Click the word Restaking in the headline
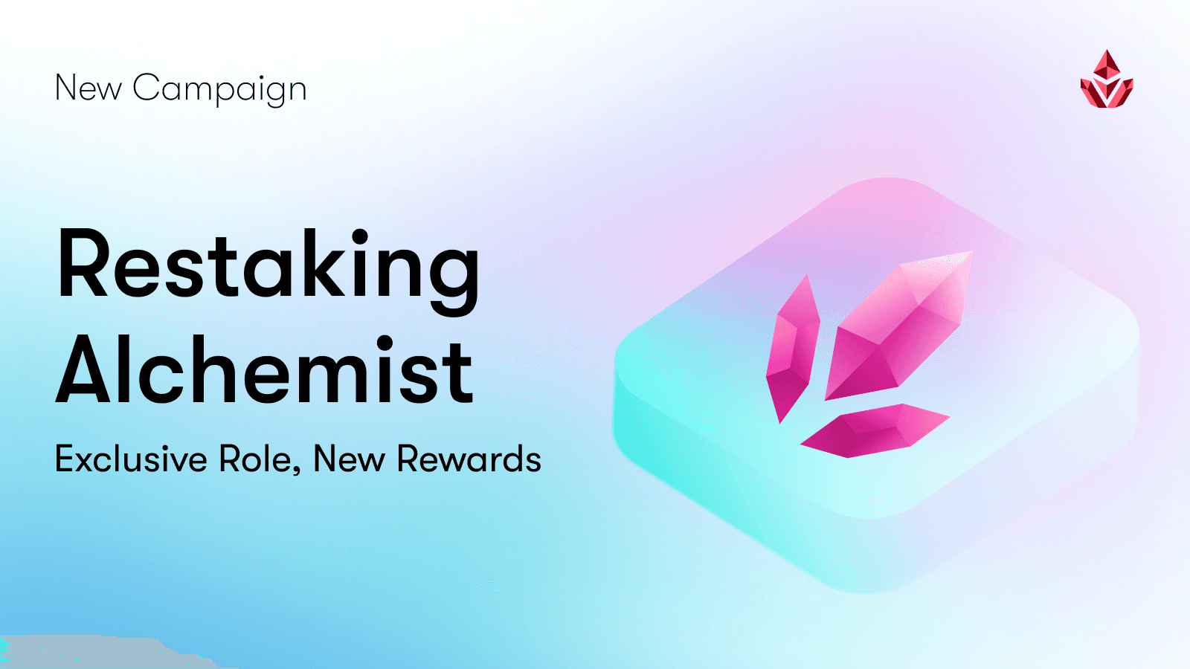(x=268, y=266)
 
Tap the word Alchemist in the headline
(x=265, y=370)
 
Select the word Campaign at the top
(x=219, y=89)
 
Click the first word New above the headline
(x=88, y=88)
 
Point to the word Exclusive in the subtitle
(x=131, y=459)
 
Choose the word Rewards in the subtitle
(x=469, y=459)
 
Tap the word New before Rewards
(x=349, y=459)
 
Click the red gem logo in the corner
(x=1107, y=80)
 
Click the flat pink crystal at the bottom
(x=874, y=430)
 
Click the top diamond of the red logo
(x=1107, y=65)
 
